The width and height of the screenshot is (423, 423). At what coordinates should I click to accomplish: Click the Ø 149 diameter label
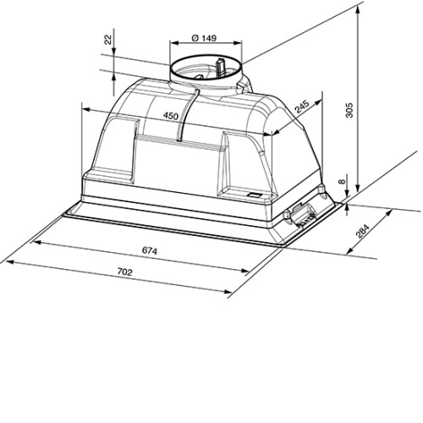204,37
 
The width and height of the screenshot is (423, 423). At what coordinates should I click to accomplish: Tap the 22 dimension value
108,40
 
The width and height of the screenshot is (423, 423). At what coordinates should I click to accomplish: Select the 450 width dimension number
171,115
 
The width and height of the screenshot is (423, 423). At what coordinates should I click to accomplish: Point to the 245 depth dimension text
302,107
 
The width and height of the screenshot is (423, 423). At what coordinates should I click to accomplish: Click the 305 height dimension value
349,110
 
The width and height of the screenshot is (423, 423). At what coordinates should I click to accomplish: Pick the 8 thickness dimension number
342,182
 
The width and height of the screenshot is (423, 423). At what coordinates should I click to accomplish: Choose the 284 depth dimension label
362,231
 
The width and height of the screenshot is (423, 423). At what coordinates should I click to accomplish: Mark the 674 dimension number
150,250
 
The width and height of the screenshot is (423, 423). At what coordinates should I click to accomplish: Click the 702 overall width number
124,272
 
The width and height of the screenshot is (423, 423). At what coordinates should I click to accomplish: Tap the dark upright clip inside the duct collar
220,67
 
